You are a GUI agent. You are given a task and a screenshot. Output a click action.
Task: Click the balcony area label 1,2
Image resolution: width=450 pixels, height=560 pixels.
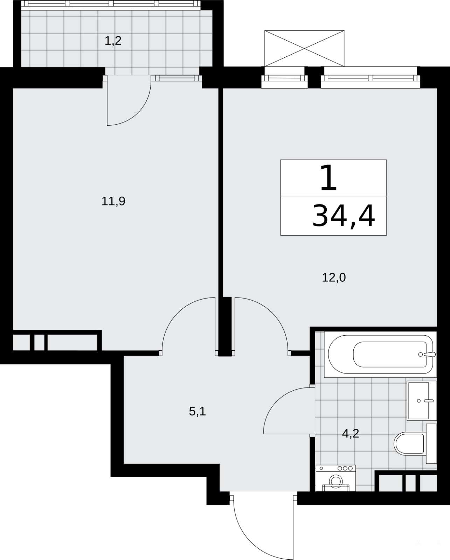point(113,41)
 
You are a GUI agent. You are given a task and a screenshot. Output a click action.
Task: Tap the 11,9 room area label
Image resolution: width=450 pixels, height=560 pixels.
point(113,201)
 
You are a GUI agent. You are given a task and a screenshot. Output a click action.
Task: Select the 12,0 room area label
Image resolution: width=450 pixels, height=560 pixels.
point(334,278)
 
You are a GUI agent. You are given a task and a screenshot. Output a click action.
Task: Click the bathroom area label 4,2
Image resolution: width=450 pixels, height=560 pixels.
point(351,434)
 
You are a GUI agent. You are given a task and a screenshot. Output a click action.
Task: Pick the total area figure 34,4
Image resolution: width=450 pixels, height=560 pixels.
point(344,216)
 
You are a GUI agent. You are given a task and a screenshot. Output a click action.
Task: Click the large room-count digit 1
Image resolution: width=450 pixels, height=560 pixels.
point(328,178)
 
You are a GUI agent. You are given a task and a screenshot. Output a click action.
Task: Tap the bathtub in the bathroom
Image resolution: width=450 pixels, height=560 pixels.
point(380,355)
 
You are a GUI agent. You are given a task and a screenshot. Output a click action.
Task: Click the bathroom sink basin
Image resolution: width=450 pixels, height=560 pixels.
point(418,401)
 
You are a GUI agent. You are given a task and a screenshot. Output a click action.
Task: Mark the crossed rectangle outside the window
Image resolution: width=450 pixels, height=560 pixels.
point(304,48)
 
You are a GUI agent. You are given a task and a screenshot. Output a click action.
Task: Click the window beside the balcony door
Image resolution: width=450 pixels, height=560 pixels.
point(176,78)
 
